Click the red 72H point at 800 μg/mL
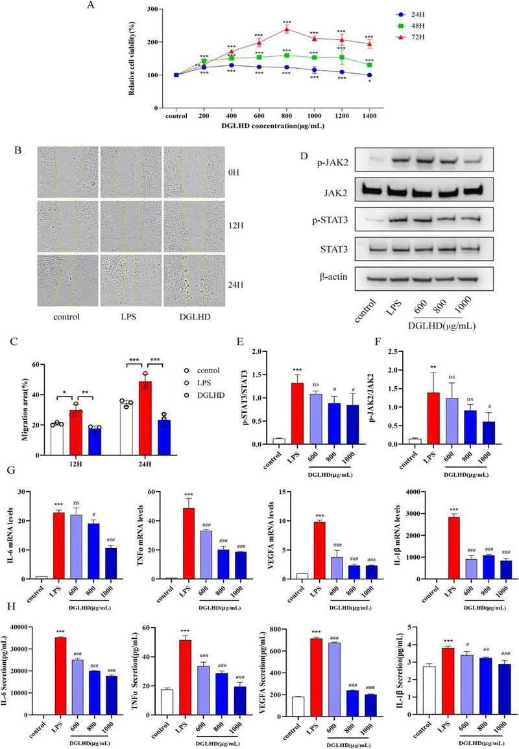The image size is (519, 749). click(x=286, y=29)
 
